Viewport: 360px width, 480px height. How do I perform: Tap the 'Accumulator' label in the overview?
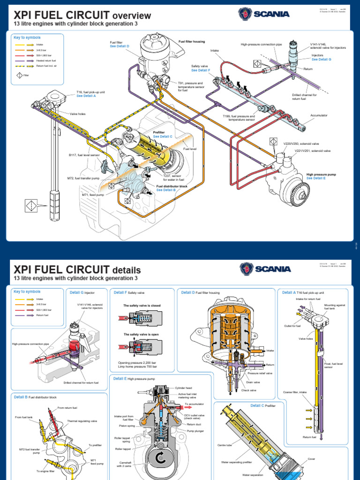coord(319,115)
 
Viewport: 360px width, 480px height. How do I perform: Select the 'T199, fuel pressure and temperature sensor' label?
coord(239,118)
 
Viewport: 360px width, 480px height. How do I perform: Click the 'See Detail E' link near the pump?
coord(316,179)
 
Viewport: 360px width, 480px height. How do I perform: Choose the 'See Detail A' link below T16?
coord(86,96)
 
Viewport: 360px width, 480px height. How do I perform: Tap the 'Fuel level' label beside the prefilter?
coord(189,149)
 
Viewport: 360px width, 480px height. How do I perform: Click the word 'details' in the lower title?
coord(126,270)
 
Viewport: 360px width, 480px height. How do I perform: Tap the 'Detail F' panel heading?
coord(120,292)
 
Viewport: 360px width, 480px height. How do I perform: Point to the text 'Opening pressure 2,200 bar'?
coord(136,363)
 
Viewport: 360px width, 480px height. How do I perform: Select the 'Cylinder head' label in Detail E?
coord(184,388)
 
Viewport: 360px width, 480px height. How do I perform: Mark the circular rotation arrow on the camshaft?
coord(161,461)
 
